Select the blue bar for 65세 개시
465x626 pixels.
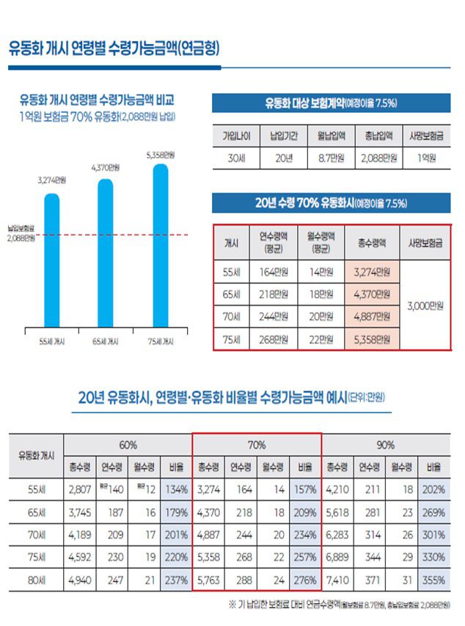(x=106, y=253)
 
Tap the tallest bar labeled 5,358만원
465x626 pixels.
(x=160, y=246)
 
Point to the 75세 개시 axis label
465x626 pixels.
(x=160, y=342)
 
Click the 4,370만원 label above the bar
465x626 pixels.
(x=106, y=168)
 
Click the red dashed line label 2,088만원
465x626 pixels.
(x=22, y=237)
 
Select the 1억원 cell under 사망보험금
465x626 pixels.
(x=425, y=157)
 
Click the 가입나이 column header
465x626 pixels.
(x=236, y=136)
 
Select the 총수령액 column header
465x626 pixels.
(x=372, y=241)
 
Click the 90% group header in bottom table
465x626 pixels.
(x=386, y=445)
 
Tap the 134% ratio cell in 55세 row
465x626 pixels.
(x=175, y=490)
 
